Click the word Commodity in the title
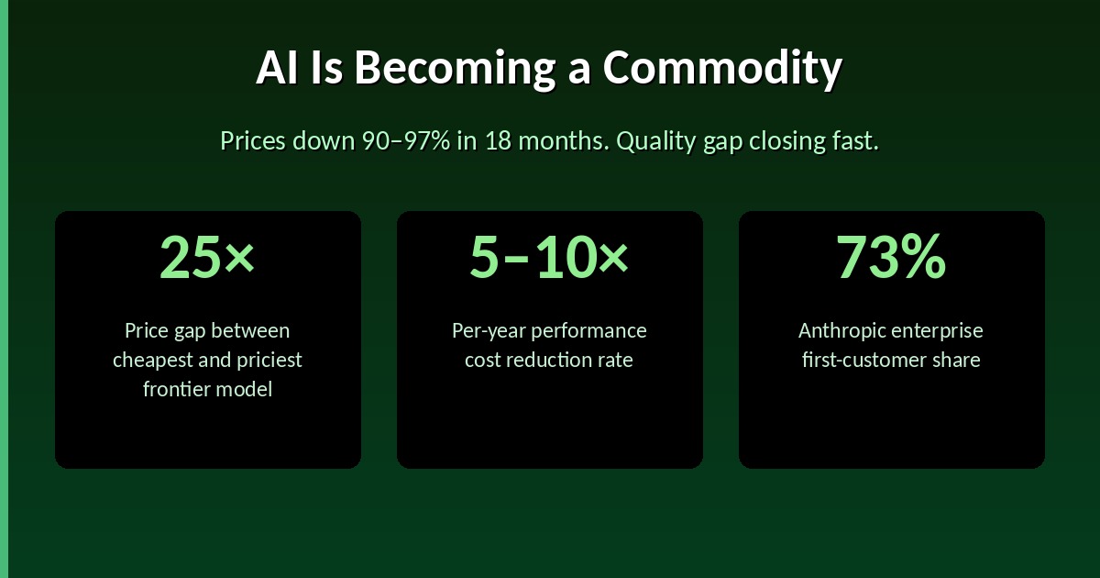click(x=721, y=69)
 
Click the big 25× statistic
click(x=207, y=256)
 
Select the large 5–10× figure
click(x=549, y=256)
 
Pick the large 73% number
click(x=891, y=256)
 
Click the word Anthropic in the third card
click(x=840, y=330)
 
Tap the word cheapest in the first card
click(x=152, y=360)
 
